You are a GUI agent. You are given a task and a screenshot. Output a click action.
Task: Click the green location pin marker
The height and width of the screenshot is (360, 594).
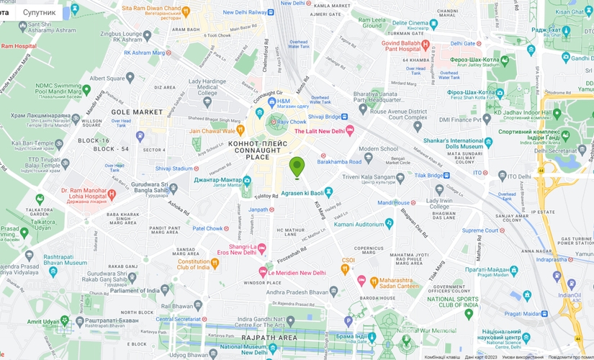(x=297, y=167)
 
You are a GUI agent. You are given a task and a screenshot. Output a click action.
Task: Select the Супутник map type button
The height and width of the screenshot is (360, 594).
(x=39, y=12)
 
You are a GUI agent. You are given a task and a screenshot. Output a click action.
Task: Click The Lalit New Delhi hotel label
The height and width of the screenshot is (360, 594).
(x=320, y=130)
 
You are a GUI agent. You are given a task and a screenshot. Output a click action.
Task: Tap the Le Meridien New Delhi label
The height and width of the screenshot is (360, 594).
(x=297, y=273)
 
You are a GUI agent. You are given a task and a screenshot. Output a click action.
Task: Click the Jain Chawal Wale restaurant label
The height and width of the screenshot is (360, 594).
(x=212, y=131)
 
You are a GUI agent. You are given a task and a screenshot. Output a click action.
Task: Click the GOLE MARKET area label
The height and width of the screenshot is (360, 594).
(x=137, y=112)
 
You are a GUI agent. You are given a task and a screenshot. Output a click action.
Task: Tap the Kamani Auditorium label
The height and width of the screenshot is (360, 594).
(x=359, y=225)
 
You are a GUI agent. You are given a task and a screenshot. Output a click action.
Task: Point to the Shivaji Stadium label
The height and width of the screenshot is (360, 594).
(x=174, y=168)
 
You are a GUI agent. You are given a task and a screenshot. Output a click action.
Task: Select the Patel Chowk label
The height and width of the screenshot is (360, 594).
(x=207, y=229)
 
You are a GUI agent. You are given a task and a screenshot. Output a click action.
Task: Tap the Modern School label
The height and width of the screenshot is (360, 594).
(x=378, y=149)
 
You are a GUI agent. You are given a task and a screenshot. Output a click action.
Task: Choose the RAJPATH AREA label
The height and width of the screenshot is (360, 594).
(x=269, y=337)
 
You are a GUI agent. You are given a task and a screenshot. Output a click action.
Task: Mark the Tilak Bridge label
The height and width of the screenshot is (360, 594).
(x=433, y=175)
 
